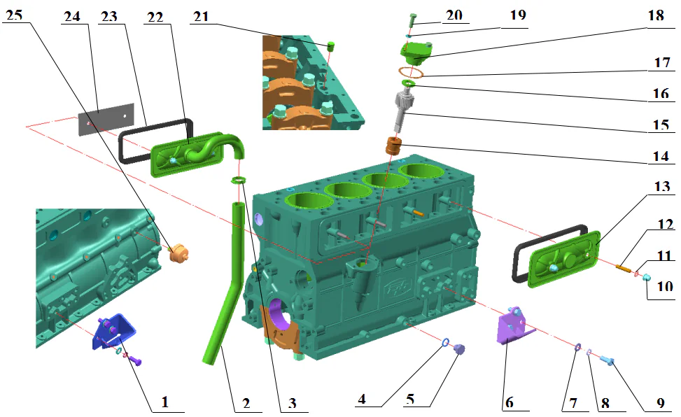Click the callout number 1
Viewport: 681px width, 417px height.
tap(165, 402)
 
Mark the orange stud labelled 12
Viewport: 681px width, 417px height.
tap(624, 266)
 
